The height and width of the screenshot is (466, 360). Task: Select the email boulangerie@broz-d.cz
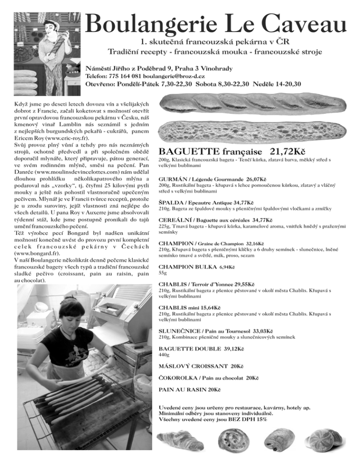point(177,76)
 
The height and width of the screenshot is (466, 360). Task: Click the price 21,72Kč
point(288,152)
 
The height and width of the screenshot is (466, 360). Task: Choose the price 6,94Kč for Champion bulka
point(227,267)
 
